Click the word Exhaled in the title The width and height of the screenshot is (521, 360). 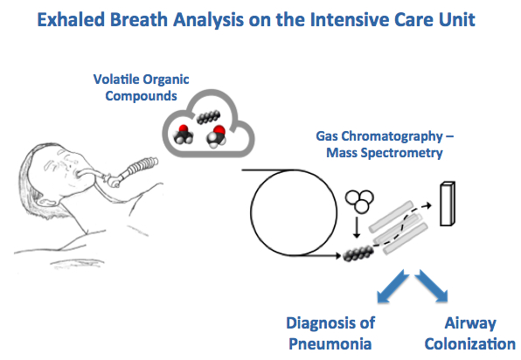[x=71, y=19]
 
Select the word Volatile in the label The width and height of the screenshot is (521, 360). [x=116, y=80]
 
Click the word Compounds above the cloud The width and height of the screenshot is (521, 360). [x=142, y=96]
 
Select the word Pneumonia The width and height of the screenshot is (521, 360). [x=330, y=343]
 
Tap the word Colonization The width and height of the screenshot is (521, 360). [x=469, y=343]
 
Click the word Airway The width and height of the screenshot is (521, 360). [x=470, y=323]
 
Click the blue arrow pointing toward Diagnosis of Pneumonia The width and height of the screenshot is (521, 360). [x=392, y=287]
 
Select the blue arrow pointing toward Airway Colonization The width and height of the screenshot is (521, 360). [x=432, y=286]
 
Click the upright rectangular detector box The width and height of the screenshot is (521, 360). [x=448, y=204]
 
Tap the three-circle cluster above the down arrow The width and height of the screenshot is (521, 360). [x=359, y=201]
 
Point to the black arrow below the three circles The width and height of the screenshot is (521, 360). [x=357, y=228]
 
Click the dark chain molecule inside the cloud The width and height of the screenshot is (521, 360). [x=208, y=117]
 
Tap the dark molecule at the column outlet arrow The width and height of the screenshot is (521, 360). [x=358, y=253]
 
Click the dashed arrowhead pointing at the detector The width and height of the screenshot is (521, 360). [x=428, y=205]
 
